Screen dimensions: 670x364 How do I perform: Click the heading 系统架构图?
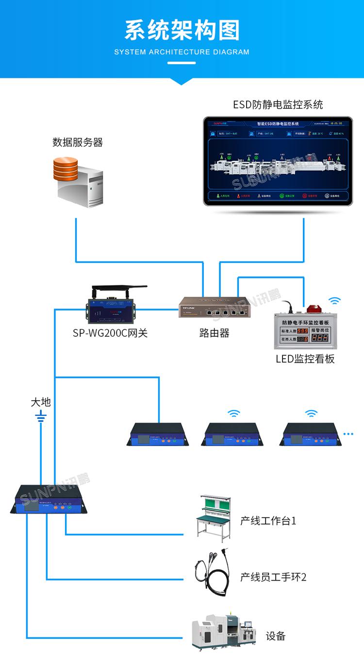coord(182,30)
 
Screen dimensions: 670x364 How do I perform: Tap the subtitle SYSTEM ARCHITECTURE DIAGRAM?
coord(182,52)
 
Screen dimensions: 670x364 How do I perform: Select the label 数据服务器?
coord(78,142)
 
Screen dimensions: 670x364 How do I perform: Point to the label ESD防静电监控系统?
coord(278,104)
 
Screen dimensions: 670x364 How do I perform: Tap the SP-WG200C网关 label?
coord(110,333)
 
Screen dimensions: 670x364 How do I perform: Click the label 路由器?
coord(214,333)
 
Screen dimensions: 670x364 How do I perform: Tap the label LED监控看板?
coord(305,359)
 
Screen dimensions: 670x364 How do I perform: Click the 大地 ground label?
coord(41,402)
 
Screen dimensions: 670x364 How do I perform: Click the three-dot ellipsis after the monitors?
coord(348,433)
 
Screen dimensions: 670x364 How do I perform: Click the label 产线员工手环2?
coord(273,577)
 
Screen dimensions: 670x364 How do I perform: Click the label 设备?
coord(275,636)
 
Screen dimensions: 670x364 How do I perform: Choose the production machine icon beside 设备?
coord(223,632)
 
